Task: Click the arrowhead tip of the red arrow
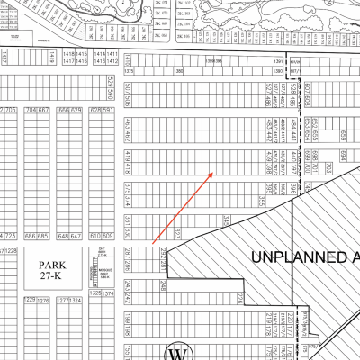(212, 173)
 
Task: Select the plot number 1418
(69, 55)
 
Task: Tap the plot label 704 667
(37, 111)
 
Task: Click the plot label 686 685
(37, 236)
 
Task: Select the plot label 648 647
(68, 236)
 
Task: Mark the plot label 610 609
(100, 236)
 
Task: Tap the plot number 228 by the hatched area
(239, 297)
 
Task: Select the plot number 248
(163, 285)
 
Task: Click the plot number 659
(342, 133)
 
